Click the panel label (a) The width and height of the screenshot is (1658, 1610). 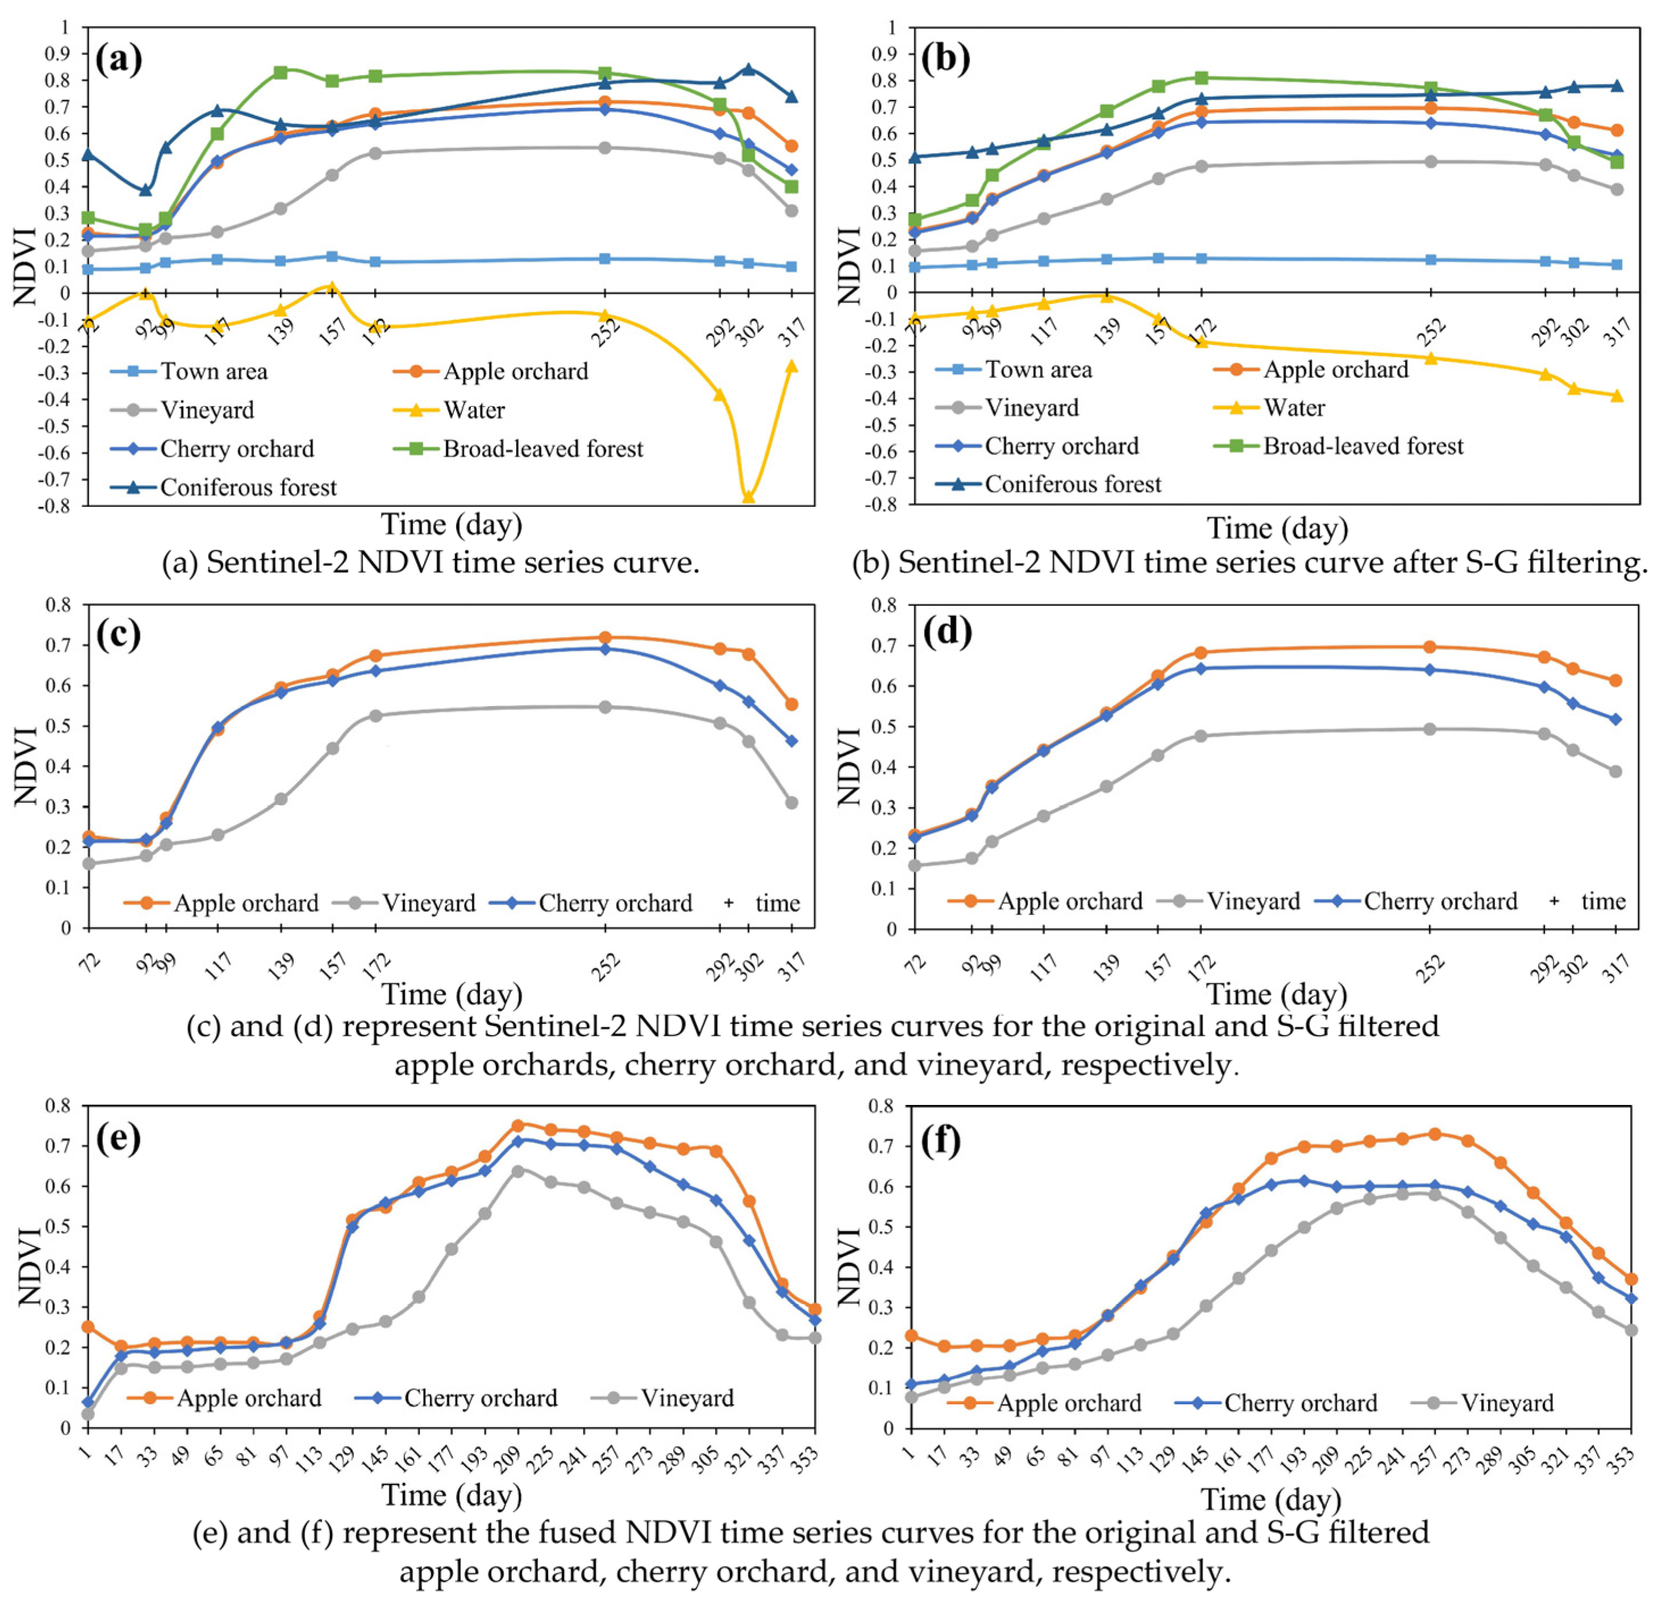point(118,60)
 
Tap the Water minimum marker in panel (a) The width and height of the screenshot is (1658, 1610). point(748,497)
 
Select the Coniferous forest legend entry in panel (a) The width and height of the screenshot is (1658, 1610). point(248,488)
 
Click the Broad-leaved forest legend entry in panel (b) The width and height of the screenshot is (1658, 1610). point(1362,447)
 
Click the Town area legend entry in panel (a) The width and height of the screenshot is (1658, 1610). point(213,372)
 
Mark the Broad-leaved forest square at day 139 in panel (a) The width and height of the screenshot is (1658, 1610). point(281,73)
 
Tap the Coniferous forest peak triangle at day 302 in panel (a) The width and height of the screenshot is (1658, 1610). point(748,69)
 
